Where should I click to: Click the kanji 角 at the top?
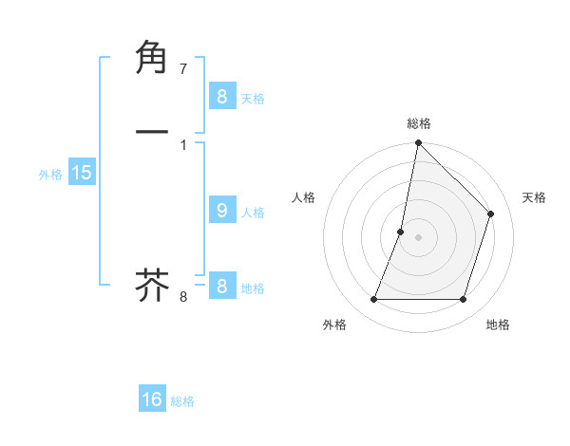coord(152,59)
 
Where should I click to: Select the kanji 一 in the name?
coord(152,132)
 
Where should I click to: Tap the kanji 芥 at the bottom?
coord(152,285)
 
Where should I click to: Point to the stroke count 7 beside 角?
coord(183,69)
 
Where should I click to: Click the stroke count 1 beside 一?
coord(183,144)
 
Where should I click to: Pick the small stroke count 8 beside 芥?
coord(183,297)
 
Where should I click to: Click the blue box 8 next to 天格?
coord(221,96)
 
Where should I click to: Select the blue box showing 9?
coord(221,211)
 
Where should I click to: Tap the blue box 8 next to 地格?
coord(221,286)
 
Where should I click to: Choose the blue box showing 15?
coord(81,173)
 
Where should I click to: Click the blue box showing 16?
coord(152,400)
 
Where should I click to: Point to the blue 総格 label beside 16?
coord(182,401)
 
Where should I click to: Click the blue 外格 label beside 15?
coord(50,175)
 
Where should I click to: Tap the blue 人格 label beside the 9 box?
coord(253,213)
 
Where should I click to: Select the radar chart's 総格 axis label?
coord(418,123)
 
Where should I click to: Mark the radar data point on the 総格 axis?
coord(418,144)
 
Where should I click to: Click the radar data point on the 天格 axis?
coord(490,214)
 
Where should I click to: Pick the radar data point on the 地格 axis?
coord(463,299)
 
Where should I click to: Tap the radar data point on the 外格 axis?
coord(373,299)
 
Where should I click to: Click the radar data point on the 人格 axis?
coord(401,232)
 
